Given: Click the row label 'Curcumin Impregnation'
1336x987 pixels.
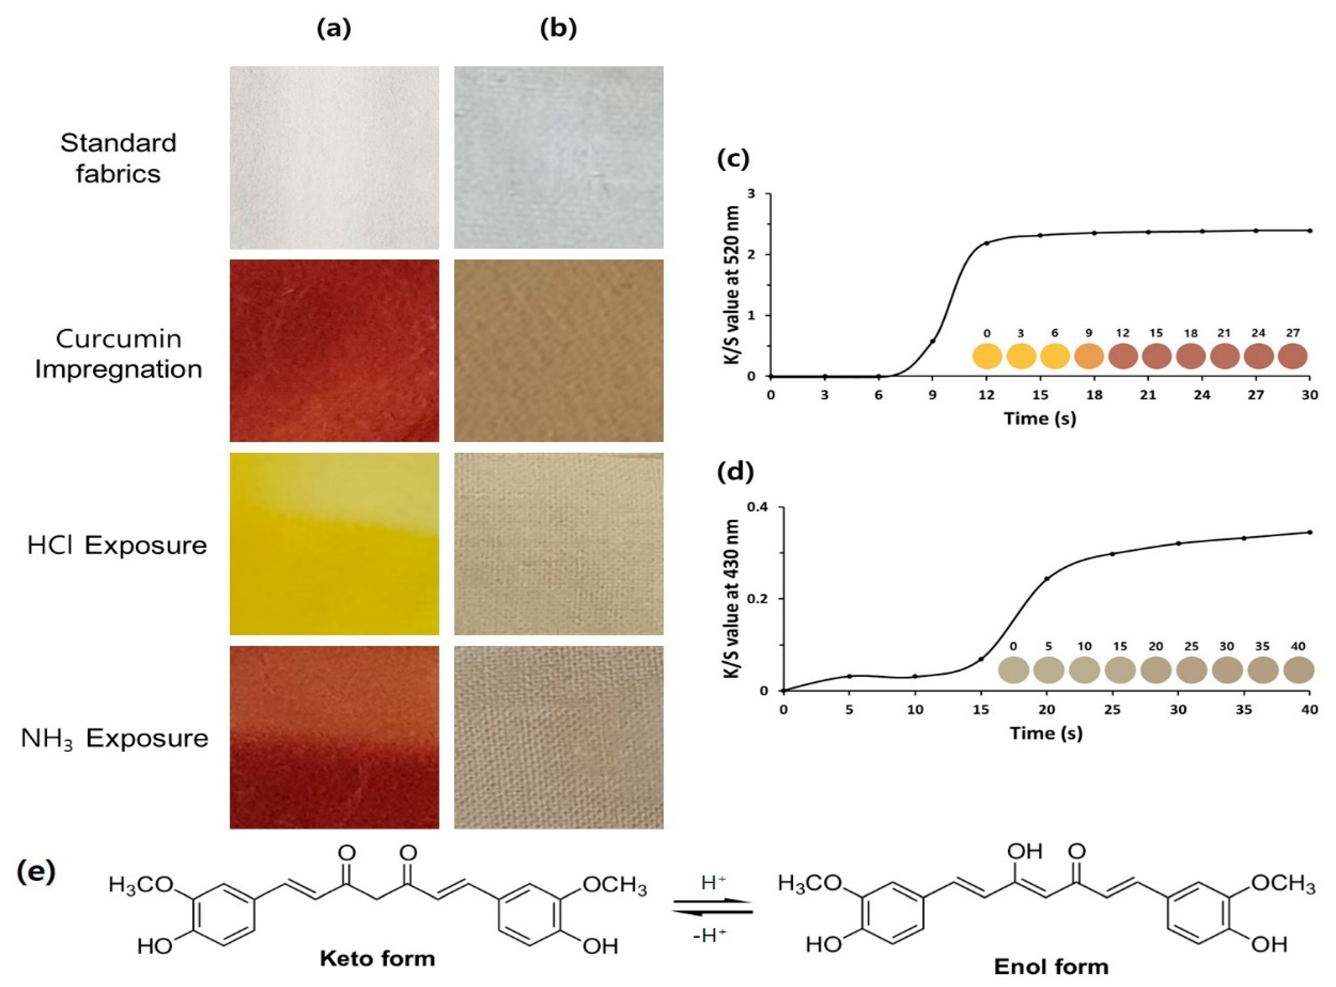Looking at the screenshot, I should pos(118,354).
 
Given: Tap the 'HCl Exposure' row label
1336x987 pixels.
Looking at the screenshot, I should pos(117,545).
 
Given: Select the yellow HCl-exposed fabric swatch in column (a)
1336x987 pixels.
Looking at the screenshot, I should pos(334,544).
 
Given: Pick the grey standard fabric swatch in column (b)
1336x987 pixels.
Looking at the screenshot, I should pos(558,157).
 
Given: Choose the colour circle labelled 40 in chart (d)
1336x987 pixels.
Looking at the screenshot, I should pos(1298,670).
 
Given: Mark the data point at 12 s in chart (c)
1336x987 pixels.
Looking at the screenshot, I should pos(986,243).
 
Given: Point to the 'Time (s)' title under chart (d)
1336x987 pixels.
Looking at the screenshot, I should pos(1046,732).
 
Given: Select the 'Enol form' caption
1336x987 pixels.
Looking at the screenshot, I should pos(1051,967).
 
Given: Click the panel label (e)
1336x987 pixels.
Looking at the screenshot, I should pos(36,872).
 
